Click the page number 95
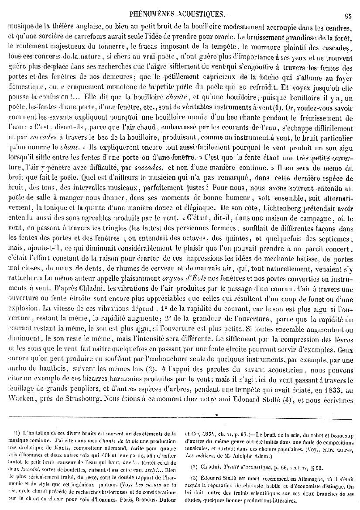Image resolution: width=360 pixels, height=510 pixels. point(348,17)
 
